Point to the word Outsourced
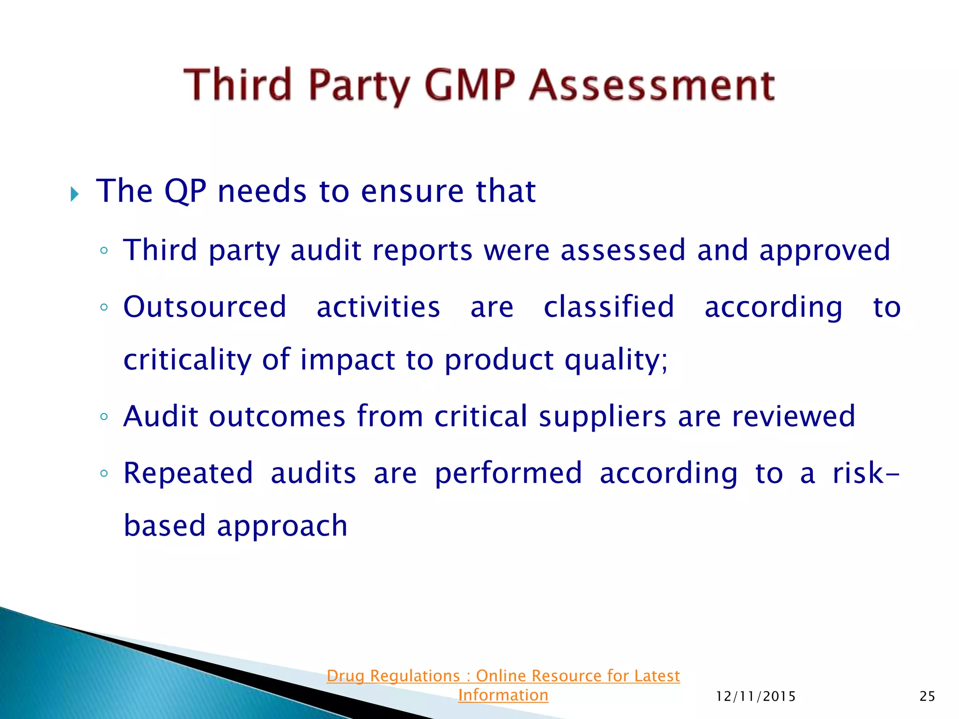coord(205,307)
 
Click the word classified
coord(609,307)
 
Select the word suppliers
coord(602,416)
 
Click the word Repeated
coord(188,473)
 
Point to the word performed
coord(509,473)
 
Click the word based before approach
coord(165,526)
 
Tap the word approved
coord(825,250)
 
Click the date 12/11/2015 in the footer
coord(756,697)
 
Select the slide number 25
coord(927,697)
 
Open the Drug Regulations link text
coord(503,676)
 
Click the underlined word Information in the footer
coord(503,695)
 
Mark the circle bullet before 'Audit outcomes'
coord(104,416)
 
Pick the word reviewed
coord(794,416)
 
